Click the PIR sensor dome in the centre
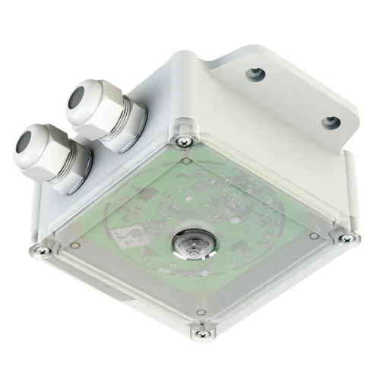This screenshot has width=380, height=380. click(x=188, y=243)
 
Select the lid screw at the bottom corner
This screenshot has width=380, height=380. click(x=201, y=328)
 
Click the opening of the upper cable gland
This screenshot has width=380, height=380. click(x=78, y=97)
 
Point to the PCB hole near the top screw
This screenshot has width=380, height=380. click(x=185, y=161)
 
